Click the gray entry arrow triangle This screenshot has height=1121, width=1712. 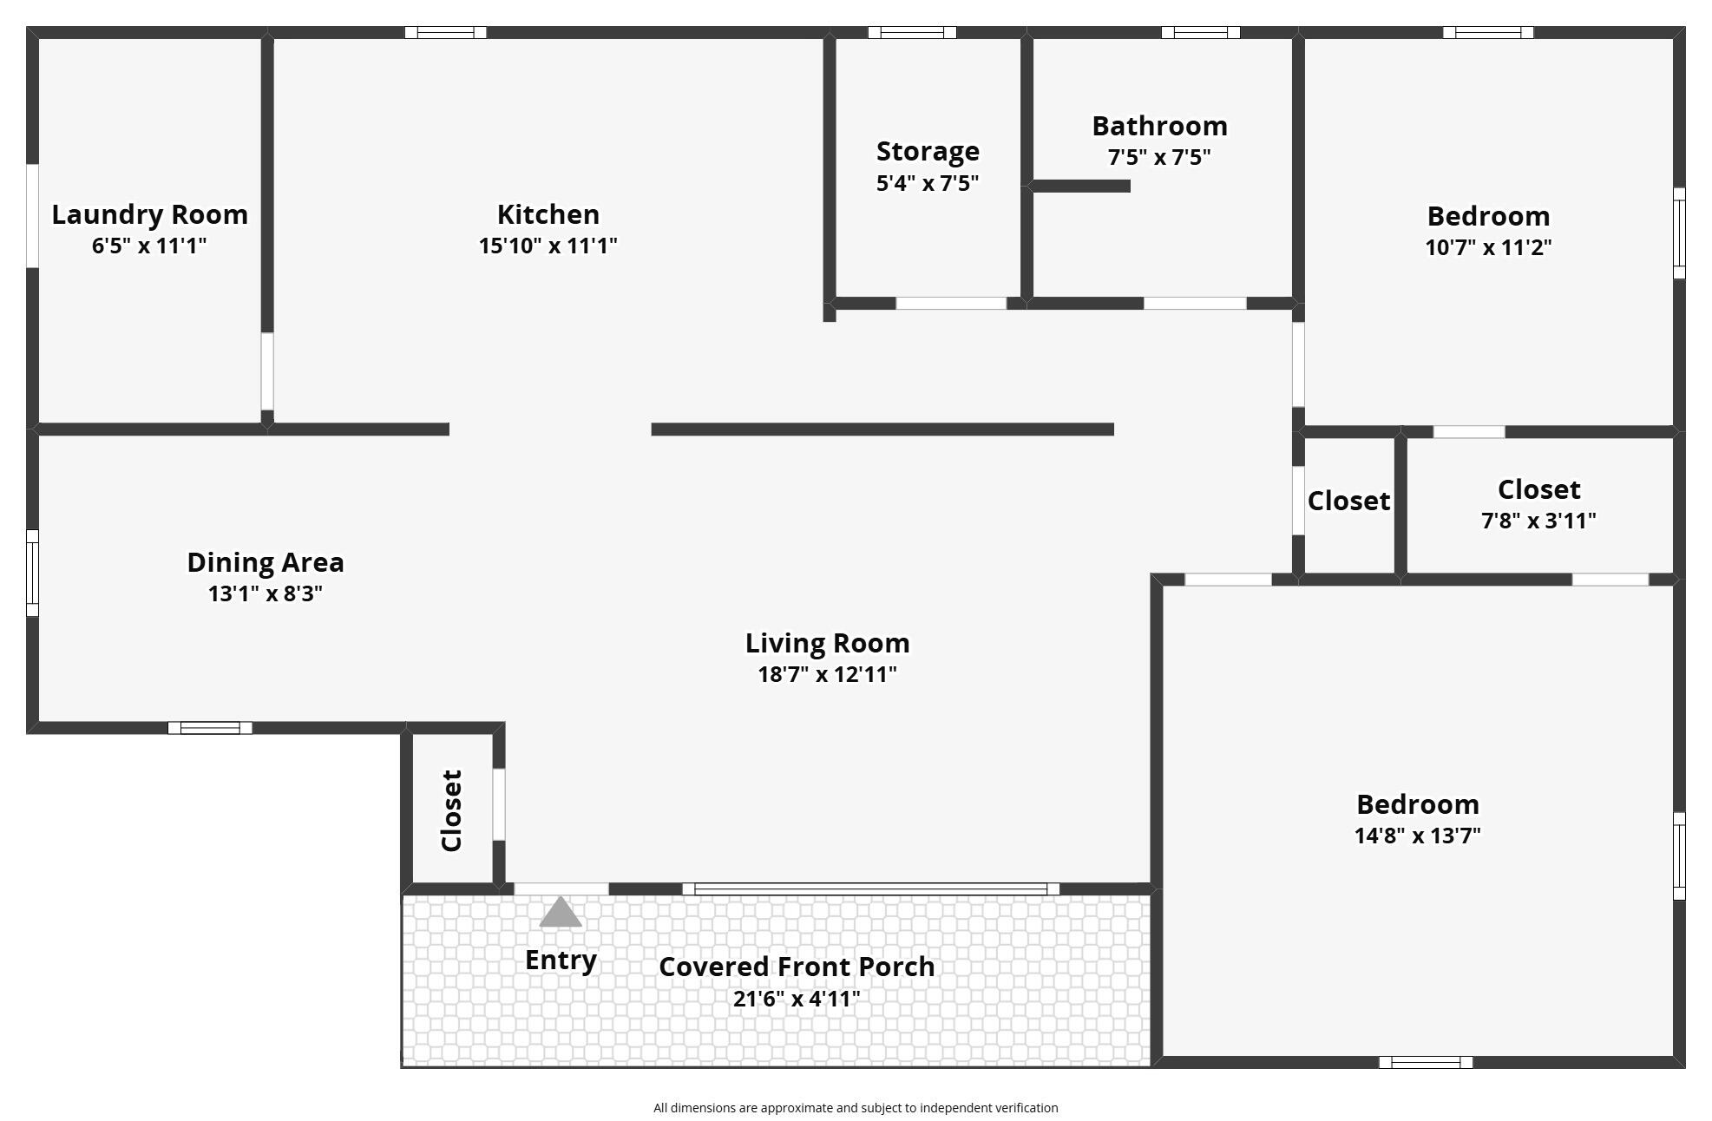[x=561, y=912]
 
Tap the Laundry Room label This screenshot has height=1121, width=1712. [x=150, y=214]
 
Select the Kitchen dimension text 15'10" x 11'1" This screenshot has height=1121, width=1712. [x=548, y=246]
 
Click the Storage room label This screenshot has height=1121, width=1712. [x=928, y=152]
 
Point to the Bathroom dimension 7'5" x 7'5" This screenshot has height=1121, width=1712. [x=1159, y=157]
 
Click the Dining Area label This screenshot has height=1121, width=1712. [x=266, y=562]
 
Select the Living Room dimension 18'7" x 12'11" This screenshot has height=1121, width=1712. [x=827, y=674]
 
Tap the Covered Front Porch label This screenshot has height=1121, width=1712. [x=797, y=967]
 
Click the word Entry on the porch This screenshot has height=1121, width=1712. [x=561, y=960]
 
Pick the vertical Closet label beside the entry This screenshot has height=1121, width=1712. [x=451, y=810]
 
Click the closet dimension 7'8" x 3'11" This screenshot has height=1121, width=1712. [x=1538, y=521]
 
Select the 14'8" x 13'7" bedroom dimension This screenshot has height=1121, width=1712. [x=1417, y=836]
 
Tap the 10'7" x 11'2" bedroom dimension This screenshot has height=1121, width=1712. [x=1488, y=247]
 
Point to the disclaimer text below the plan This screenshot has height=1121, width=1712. [x=856, y=1108]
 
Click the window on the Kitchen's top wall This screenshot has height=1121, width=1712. [x=445, y=33]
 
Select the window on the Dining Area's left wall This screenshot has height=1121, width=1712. [x=32, y=573]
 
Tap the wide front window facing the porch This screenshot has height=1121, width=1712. [x=871, y=888]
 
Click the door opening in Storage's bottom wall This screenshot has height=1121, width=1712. [x=951, y=304]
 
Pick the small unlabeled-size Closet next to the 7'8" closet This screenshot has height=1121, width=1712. [x=1348, y=501]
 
